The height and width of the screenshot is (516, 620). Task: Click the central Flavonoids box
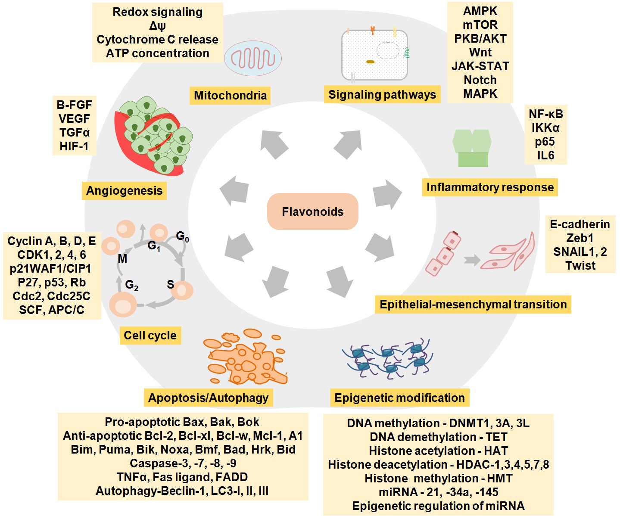click(x=312, y=211)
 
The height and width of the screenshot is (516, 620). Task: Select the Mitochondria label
click(x=230, y=95)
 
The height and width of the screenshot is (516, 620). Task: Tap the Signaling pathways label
click(x=382, y=94)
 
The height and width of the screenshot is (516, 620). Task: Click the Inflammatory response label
click(x=490, y=187)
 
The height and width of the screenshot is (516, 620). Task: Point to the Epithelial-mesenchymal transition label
click(x=473, y=305)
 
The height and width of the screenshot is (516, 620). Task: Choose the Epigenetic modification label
click(x=399, y=398)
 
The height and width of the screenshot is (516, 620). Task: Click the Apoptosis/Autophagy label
click(x=208, y=398)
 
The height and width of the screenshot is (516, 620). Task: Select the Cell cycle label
click(x=150, y=336)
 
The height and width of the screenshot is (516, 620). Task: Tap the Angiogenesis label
click(x=124, y=191)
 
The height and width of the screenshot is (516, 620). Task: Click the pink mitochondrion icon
click(x=253, y=59)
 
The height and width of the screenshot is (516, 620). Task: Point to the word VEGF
click(x=74, y=119)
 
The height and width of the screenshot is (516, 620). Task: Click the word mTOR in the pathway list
click(x=480, y=25)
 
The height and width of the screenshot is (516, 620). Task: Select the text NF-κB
click(x=545, y=114)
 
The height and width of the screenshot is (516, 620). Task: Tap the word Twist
click(x=580, y=265)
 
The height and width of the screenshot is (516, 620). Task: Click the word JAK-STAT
click(x=480, y=66)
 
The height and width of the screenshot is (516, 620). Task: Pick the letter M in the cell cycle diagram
click(x=122, y=258)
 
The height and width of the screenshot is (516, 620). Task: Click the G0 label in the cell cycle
click(x=182, y=236)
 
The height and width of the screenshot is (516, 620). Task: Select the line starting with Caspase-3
click(x=183, y=463)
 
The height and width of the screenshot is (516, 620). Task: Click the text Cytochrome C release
click(x=157, y=40)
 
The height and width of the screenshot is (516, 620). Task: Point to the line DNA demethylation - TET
click(x=438, y=437)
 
